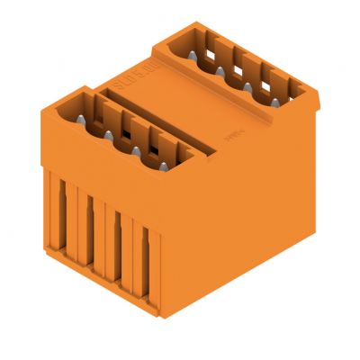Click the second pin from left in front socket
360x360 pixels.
tap(108, 135)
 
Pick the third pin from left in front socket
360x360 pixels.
tap(135, 151)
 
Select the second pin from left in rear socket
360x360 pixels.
tap(220, 71)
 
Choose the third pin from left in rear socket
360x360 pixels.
tap(247, 87)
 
